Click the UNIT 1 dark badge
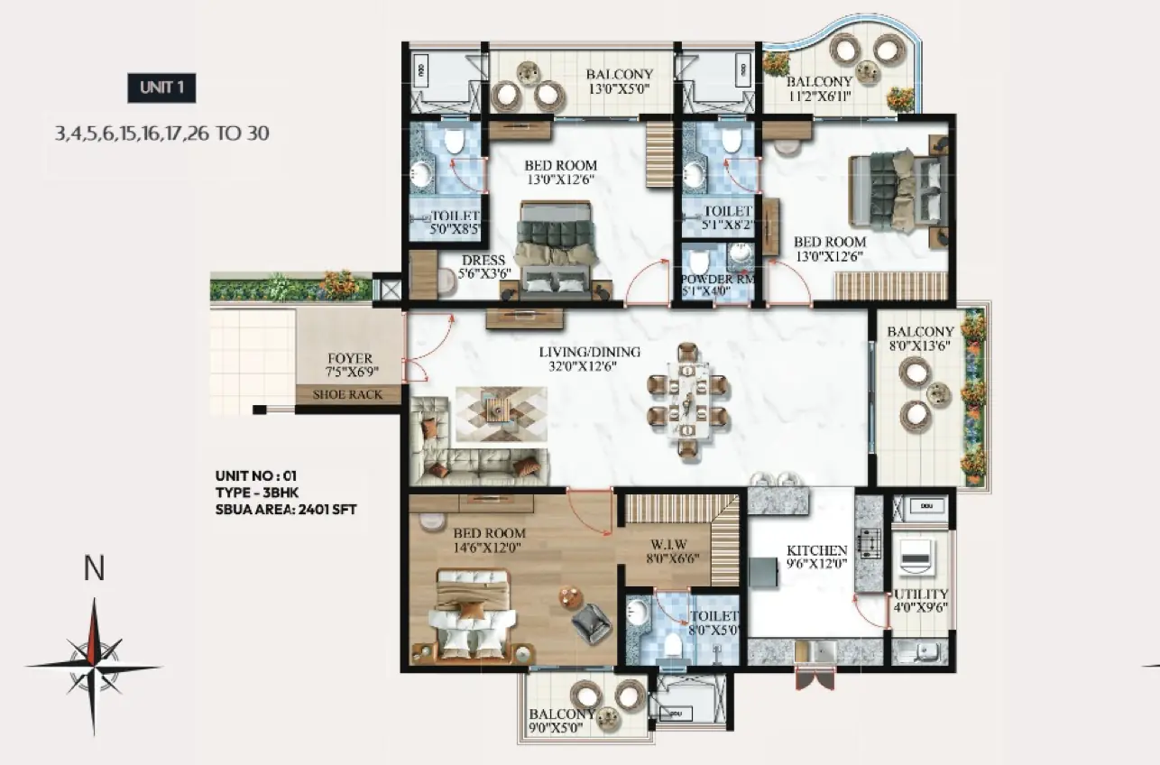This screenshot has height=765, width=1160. click(161, 88)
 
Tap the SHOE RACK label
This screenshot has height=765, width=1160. click(347, 394)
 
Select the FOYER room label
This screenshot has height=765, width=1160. click(350, 358)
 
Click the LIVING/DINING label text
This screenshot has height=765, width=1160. click(590, 352)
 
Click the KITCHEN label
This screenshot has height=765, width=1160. click(816, 550)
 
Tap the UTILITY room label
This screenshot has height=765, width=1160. click(921, 594)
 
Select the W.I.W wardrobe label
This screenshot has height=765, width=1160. click(668, 545)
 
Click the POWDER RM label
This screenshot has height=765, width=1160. click(718, 279)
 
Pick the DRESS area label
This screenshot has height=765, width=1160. click(483, 261)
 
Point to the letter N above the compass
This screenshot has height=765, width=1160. click(94, 568)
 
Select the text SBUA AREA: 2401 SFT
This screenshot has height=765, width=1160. click(286, 510)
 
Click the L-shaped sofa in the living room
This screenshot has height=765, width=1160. click(478, 441)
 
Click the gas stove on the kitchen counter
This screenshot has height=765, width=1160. click(870, 543)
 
